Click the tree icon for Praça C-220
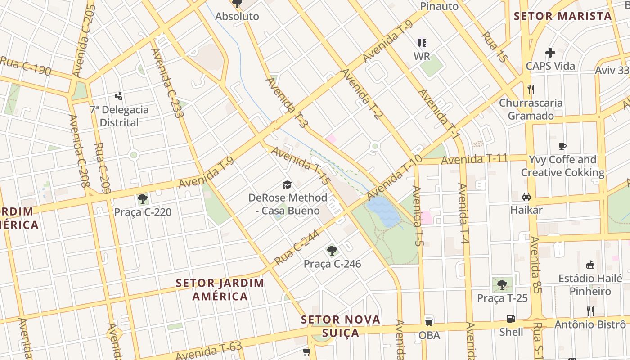(143, 198)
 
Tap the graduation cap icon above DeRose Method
(287, 184)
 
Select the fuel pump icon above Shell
(511, 319)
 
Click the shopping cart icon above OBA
(429, 322)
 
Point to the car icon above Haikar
(526, 197)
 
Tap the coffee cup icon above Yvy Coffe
(562, 146)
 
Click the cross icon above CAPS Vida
(550, 53)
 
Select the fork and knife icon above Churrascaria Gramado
(531, 90)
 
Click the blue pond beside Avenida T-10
(383, 212)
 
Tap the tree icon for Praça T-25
(502, 284)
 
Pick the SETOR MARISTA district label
(563, 16)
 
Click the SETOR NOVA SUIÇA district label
(341, 326)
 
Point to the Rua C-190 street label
(25, 66)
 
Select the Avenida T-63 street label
(209, 351)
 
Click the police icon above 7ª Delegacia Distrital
(119, 96)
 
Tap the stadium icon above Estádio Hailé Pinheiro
(590, 265)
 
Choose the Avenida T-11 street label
(474, 159)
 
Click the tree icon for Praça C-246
(332, 251)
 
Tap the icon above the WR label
(422, 43)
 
